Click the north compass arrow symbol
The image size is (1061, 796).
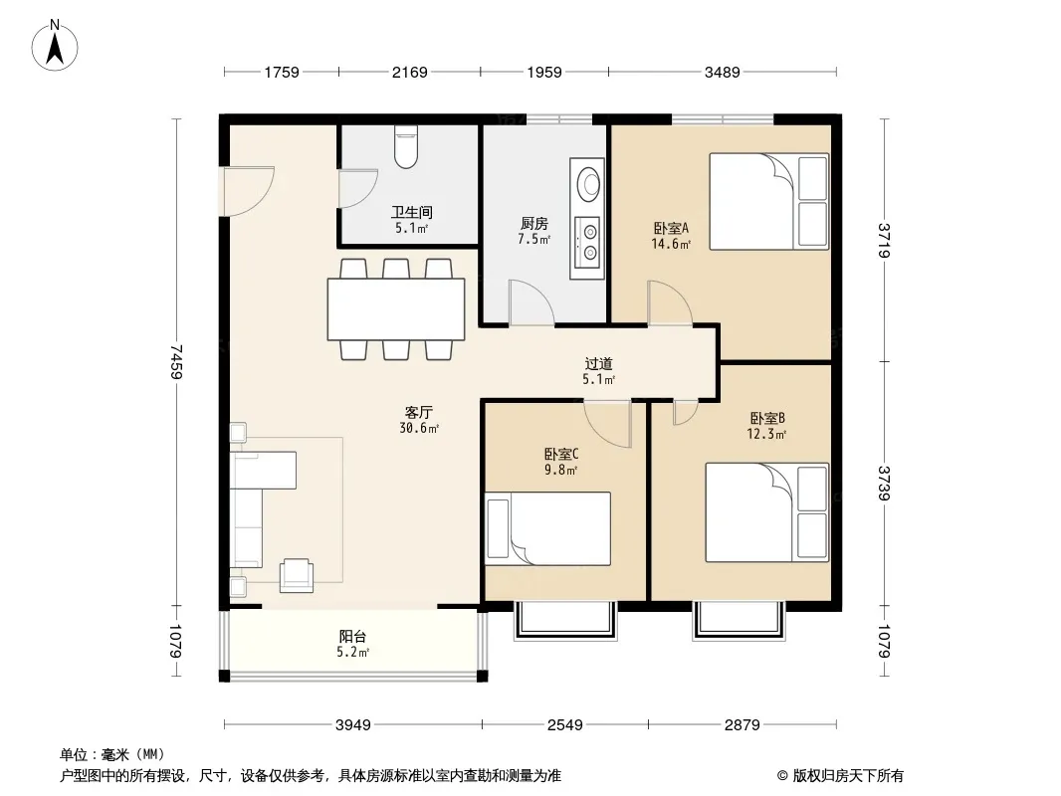(55, 46)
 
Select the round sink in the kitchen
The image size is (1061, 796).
(588, 183)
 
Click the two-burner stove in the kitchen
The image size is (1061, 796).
(587, 242)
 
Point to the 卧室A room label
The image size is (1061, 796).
(671, 228)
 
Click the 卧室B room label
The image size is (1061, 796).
(767, 419)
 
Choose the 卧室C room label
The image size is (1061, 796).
(561, 455)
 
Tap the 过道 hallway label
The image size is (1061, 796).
(599, 364)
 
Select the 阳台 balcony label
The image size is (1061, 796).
(352, 637)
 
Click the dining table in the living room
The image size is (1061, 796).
(396, 309)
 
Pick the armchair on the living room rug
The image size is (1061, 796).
(297, 575)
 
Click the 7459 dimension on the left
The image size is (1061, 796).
(176, 362)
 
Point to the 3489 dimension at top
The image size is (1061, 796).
(722, 73)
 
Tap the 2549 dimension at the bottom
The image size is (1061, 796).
(565, 725)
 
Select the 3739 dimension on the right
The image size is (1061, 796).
(884, 483)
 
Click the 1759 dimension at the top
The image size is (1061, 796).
(282, 73)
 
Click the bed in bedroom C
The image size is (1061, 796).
(548, 529)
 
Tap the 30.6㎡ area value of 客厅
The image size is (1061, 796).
(419, 428)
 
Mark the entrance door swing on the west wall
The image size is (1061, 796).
(249, 191)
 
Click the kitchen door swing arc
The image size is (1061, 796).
(532, 302)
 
